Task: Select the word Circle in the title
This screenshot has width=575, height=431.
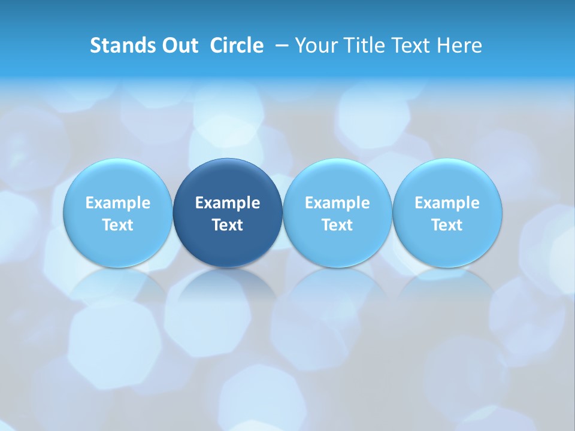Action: pos(237,45)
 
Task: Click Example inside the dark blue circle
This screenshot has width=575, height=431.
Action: pos(228,203)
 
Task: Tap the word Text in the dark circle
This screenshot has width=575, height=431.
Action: pos(228,225)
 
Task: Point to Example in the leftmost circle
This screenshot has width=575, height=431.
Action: pos(118,203)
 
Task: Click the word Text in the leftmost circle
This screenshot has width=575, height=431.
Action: pos(118,225)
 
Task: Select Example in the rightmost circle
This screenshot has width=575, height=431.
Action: pos(447,203)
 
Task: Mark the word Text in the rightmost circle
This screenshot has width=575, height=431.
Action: pos(447,225)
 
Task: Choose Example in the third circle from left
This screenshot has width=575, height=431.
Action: pos(337,203)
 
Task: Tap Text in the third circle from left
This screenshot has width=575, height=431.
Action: pos(337,225)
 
